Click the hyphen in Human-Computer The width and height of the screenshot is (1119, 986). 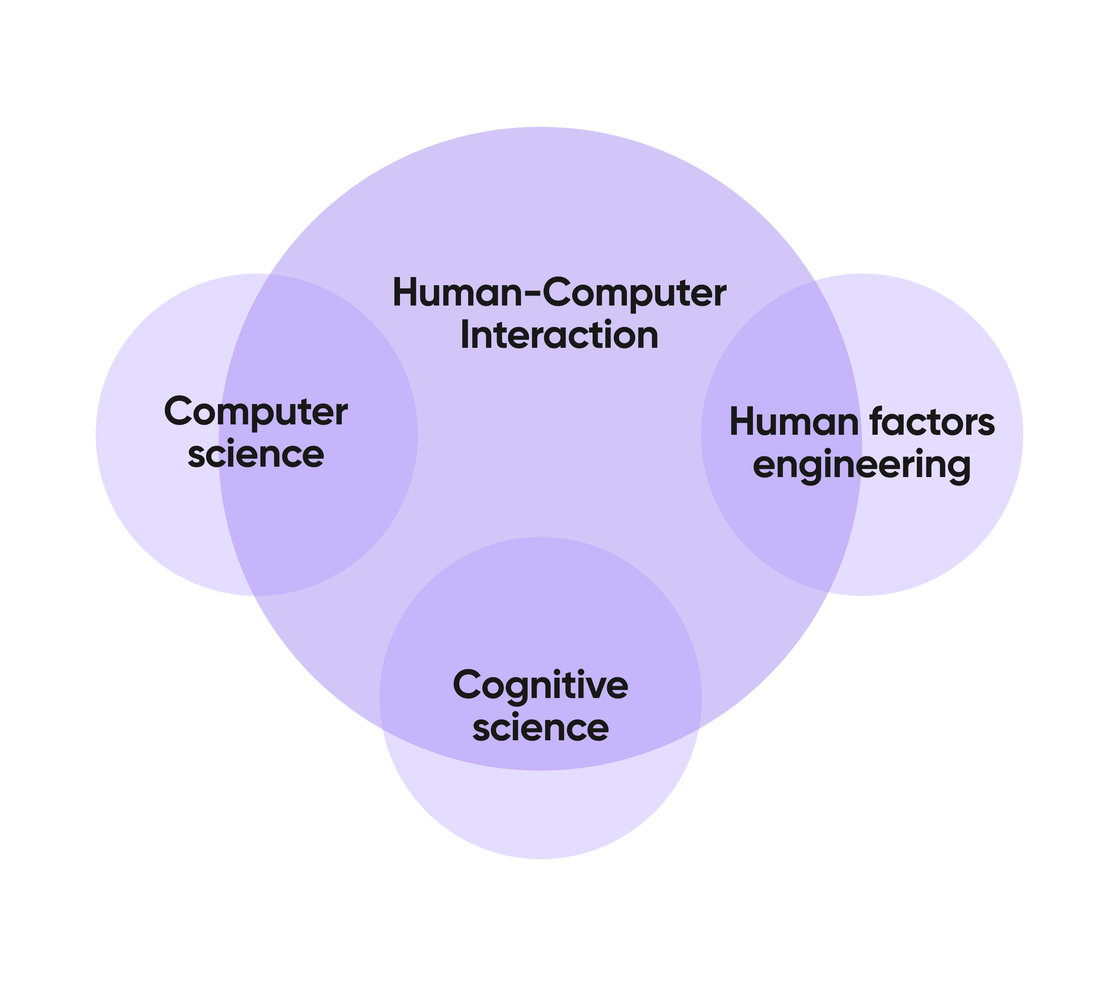coord(533,294)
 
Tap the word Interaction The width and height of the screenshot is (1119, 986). coord(559,335)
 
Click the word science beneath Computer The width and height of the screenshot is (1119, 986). coord(256,454)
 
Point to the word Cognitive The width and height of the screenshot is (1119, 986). coord(540,685)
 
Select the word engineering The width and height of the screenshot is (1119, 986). coord(862,465)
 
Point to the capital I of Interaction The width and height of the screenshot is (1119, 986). coord(464,335)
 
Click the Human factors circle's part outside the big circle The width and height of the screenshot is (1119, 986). coord(942,520)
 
